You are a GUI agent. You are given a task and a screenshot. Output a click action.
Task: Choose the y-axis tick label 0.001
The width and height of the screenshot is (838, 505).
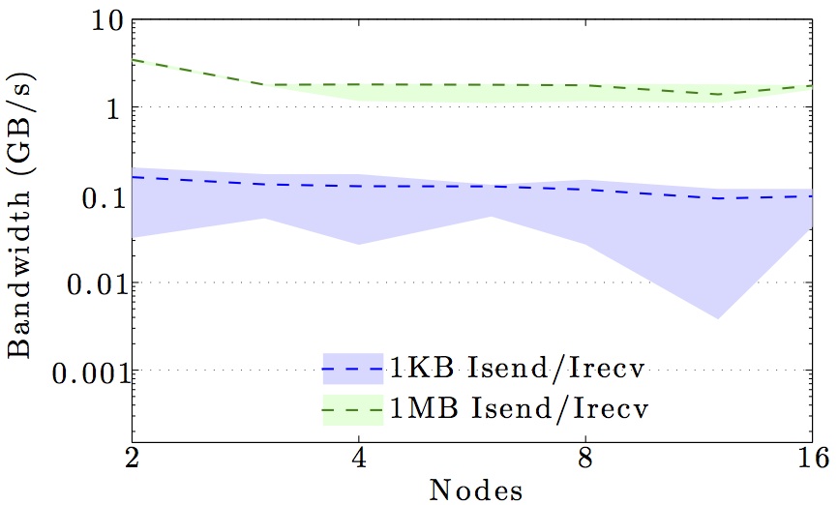[75, 371]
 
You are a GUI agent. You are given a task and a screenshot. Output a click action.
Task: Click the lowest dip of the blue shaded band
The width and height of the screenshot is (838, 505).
[717, 317]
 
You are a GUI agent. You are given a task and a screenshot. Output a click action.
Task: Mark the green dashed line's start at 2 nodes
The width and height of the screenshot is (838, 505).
[133, 60]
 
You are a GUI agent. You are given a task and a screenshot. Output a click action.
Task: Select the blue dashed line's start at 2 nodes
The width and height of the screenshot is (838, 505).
[133, 177]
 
